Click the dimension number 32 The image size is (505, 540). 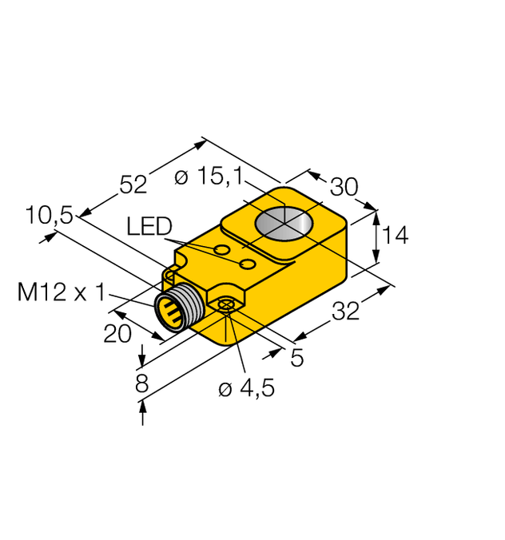tap(345, 312)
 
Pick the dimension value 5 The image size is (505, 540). tap(296, 359)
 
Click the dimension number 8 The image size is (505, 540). tap(142, 383)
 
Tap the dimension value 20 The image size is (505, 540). tap(117, 334)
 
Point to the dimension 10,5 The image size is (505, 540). tap(49, 215)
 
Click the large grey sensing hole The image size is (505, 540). tap(284, 220)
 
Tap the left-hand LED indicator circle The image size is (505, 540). tap(221, 252)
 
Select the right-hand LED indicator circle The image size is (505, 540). tap(249, 263)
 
